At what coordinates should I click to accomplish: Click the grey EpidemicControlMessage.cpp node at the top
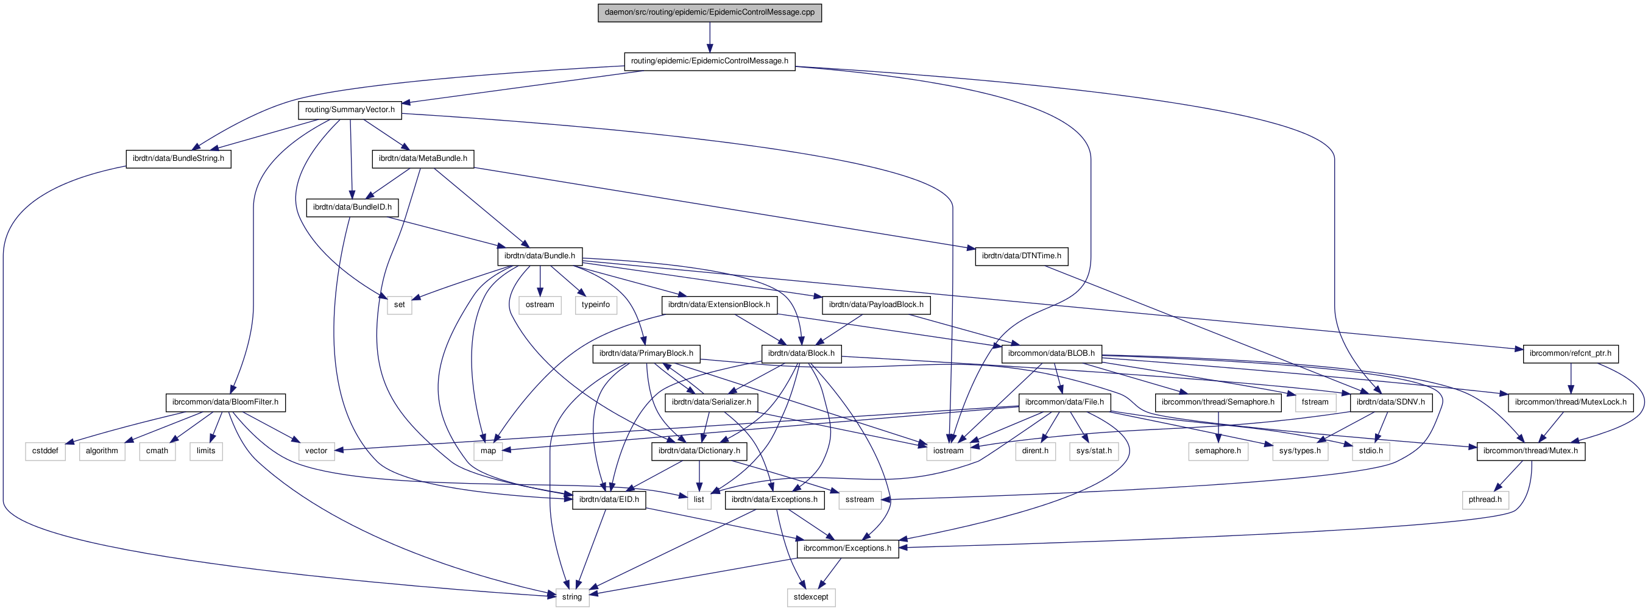(710, 12)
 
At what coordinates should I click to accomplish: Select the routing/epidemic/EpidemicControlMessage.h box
(710, 61)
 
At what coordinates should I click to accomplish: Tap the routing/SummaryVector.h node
(350, 110)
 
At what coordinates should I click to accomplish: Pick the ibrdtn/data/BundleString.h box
(179, 158)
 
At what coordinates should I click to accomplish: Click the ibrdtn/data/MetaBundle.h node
(423, 158)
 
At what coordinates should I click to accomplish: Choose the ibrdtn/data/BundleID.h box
(353, 207)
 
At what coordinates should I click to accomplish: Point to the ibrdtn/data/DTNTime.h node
(1021, 256)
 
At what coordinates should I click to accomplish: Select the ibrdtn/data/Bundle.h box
(539, 256)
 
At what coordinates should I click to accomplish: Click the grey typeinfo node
(596, 305)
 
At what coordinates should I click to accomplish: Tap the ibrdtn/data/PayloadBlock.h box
(876, 305)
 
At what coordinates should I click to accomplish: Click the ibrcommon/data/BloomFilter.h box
(225, 402)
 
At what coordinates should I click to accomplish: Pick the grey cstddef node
(46, 450)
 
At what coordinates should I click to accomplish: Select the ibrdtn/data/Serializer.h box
(712, 402)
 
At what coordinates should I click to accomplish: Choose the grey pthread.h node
(1485, 499)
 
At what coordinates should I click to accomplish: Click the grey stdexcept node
(810, 597)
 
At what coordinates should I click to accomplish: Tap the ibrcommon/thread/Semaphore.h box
(1218, 402)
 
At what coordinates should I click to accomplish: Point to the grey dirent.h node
(1035, 450)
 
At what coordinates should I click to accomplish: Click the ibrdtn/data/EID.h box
(609, 499)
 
